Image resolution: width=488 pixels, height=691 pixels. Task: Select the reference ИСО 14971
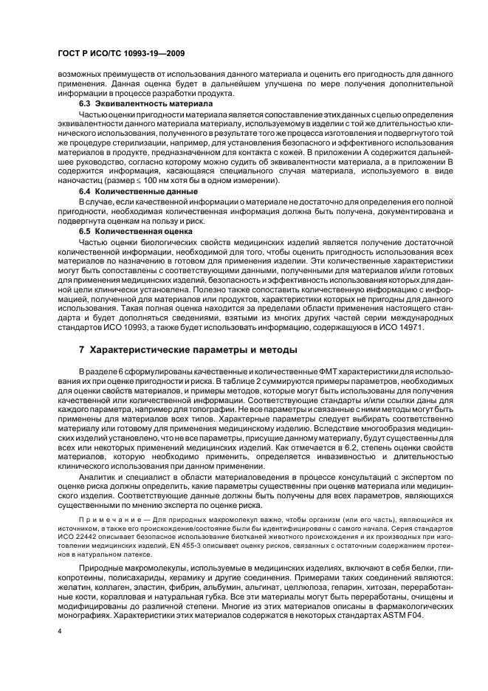coord(399,327)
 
